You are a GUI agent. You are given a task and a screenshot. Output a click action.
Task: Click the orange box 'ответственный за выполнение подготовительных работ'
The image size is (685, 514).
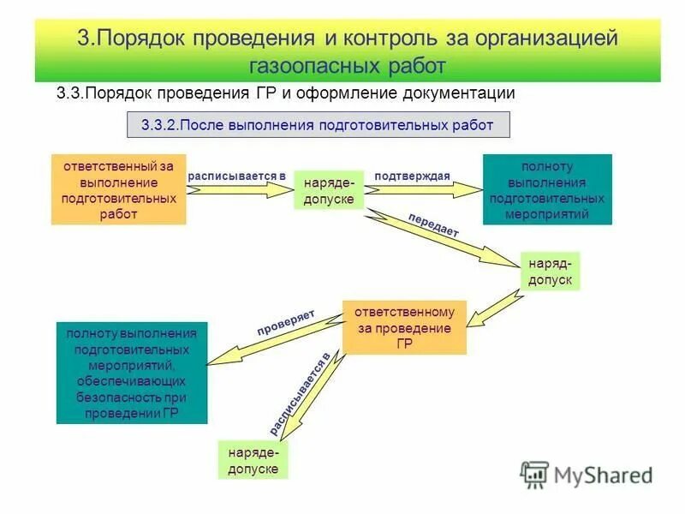(x=118, y=189)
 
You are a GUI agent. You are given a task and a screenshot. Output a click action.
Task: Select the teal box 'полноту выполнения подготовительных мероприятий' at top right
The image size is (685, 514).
(x=547, y=189)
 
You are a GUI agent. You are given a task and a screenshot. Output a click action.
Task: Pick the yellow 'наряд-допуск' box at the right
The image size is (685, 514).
(x=550, y=271)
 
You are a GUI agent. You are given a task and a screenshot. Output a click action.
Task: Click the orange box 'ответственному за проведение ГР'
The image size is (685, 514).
(x=404, y=327)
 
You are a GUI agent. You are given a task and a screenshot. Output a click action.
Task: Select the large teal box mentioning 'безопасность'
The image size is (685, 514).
(x=131, y=373)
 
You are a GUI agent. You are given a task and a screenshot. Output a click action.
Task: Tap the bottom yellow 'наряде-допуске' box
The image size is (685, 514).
(x=253, y=459)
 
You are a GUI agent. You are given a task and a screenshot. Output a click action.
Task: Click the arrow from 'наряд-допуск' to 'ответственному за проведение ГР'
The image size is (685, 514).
(x=497, y=304)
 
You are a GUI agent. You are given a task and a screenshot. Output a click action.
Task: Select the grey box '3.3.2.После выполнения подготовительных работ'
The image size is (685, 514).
(x=318, y=124)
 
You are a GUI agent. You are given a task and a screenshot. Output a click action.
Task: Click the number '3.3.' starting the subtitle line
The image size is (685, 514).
(x=68, y=93)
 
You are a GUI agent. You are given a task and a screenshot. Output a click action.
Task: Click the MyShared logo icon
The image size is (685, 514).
(x=534, y=475)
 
